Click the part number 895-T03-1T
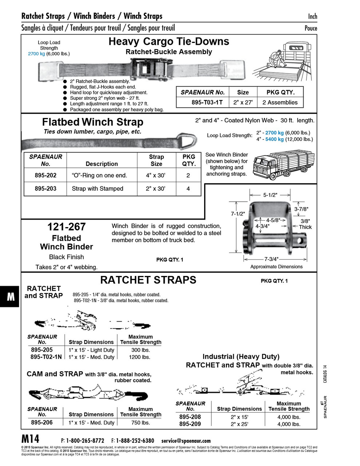[x=207, y=103]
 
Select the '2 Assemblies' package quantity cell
[x=280, y=103]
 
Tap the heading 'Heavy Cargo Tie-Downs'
[x=169, y=42]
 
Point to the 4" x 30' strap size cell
[x=156, y=175]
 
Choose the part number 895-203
[x=46, y=189]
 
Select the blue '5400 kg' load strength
[x=274, y=139]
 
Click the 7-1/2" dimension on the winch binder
[x=238, y=214]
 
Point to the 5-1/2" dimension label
[x=270, y=195]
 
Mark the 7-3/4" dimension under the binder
[x=271, y=259]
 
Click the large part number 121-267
[x=66, y=227]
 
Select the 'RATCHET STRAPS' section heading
[x=148, y=280]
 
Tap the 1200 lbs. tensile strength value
[x=140, y=357]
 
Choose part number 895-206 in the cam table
[x=42, y=422]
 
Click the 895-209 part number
[x=190, y=424]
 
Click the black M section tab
[x=10, y=297]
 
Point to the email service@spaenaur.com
[x=186, y=441]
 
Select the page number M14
[x=31, y=439]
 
